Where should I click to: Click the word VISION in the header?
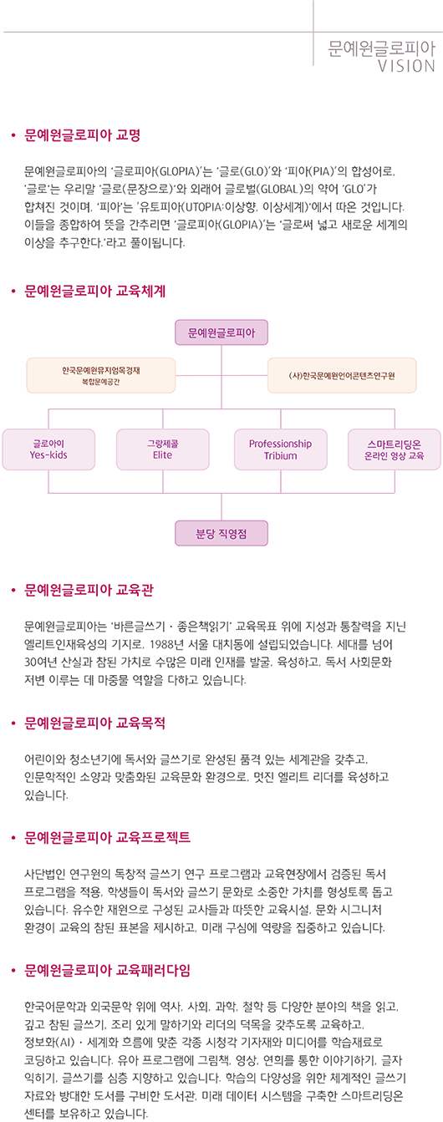pos(406,66)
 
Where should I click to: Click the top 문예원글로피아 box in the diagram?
pos(221,333)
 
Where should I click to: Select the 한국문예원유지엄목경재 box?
pos(101,375)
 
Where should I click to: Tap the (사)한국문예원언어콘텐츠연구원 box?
pos(342,375)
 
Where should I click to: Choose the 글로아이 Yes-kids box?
pos(48,449)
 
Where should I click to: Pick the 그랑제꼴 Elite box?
pos(162,449)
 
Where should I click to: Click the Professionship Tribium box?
pos(281,449)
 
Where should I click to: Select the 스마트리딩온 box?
pos(395,449)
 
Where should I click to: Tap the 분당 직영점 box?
pos(221,534)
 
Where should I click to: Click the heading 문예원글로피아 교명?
pos(83,135)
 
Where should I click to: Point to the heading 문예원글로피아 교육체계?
pos(95,291)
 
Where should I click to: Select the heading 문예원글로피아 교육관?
pos(89,590)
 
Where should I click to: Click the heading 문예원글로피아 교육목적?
pos(95,723)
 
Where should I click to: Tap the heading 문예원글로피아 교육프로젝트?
pos(108,837)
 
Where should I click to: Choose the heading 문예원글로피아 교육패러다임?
pos(108,970)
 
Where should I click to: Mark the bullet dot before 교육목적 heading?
pos(13,723)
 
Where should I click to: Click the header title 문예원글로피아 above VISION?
pos(381,48)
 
